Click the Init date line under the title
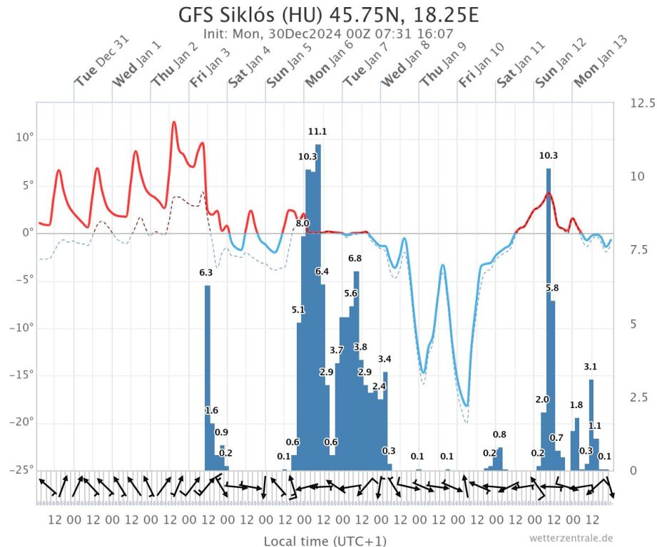328,34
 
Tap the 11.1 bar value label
317,132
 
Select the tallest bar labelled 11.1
318,306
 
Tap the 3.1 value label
591,367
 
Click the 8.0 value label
302,224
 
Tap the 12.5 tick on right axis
642,103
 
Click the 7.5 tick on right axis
639,249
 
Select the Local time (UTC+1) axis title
325,541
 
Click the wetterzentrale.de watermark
571,538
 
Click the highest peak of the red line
173,123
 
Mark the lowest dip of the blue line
467,405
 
